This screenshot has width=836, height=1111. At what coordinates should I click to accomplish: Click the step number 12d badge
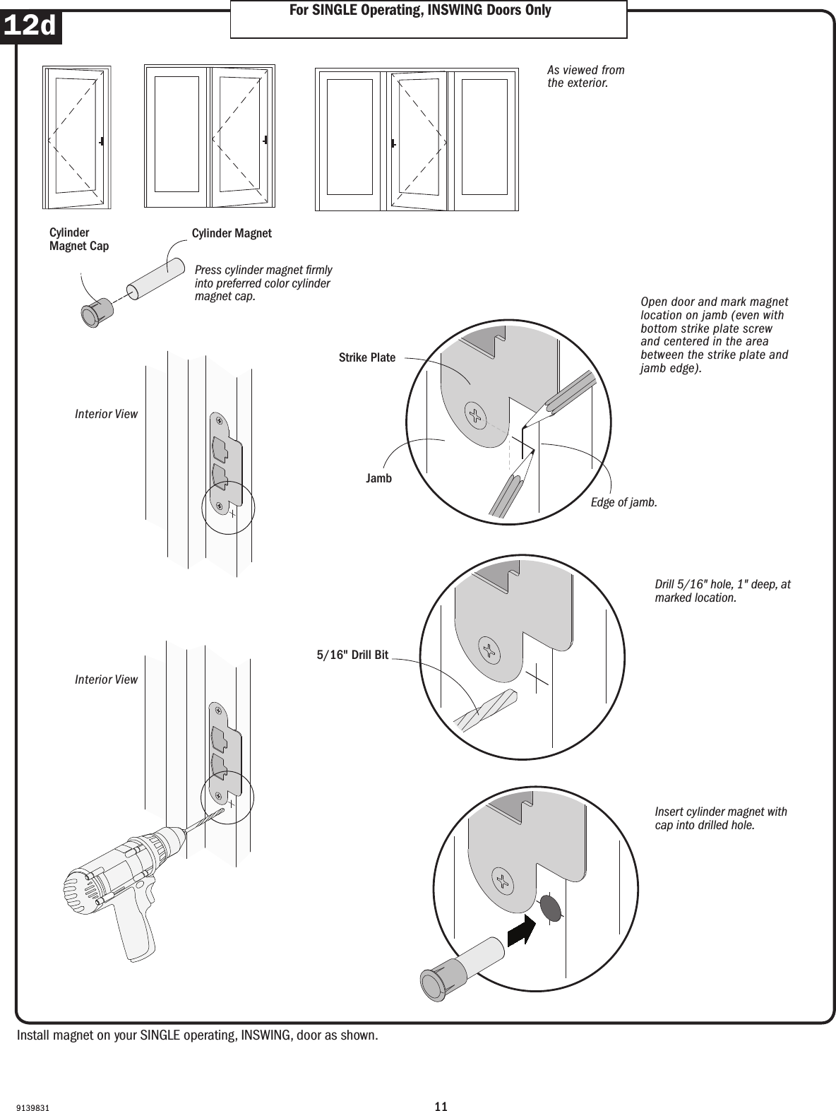point(30,27)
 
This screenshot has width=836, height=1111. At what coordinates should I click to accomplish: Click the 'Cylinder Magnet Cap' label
point(78,239)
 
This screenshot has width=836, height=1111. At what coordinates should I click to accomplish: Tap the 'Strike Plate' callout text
point(367,357)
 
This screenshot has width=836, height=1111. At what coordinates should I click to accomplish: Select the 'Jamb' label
point(378,479)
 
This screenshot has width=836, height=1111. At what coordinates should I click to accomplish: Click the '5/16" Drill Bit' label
point(352,655)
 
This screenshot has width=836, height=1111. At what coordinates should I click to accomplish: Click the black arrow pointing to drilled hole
point(521,927)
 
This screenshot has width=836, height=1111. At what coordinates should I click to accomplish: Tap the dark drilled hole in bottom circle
point(551,908)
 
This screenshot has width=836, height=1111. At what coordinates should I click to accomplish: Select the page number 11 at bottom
point(441,1086)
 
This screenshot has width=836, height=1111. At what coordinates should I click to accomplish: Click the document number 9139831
point(32,1089)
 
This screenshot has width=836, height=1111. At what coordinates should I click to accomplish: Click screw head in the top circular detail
point(477,416)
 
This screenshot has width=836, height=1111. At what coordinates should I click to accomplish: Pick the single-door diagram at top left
point(76,138)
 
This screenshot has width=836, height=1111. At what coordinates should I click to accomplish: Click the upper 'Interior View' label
point(106,414)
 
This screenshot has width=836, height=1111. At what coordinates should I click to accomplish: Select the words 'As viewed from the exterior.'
point(585,76)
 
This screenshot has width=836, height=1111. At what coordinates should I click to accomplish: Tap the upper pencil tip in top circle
point(525,424)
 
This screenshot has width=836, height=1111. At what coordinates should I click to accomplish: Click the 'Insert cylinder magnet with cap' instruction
point(720,818)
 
